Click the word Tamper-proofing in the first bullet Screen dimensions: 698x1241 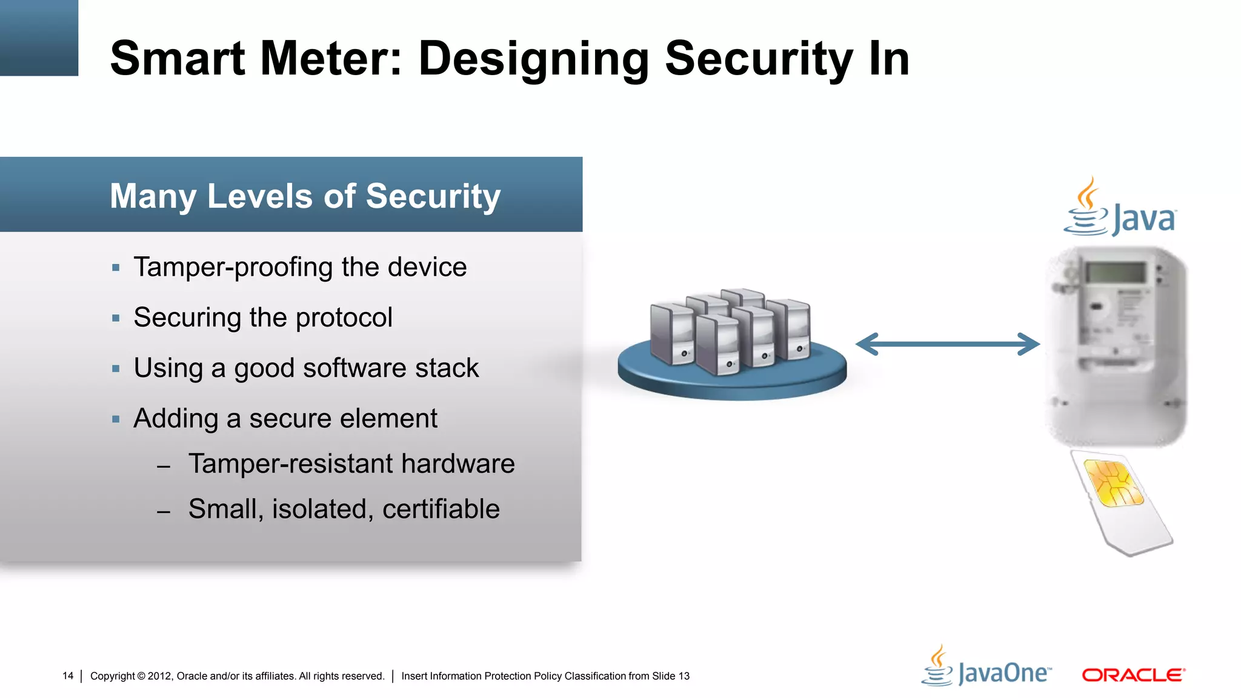(233, 267)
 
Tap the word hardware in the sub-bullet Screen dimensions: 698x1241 (457, 464)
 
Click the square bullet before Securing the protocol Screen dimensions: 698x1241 (116, 318)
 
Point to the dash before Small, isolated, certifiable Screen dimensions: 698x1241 (163, 512)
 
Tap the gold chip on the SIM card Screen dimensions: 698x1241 (1113, 484)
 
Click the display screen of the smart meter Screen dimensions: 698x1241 (1116, 272)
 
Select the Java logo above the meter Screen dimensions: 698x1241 (1120, 208)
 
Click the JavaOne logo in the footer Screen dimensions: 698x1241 (986, 667)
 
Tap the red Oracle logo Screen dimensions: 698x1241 (1133, 675)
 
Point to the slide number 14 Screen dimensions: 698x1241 (68, 676)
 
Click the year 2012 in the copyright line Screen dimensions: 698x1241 (160, 676)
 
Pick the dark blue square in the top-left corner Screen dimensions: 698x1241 (39, 38)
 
